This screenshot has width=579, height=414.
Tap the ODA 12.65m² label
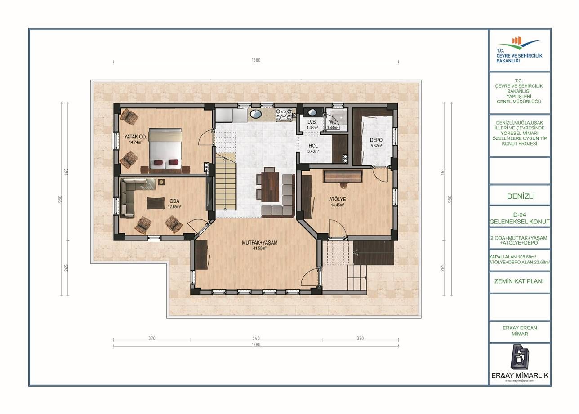click(174, 204)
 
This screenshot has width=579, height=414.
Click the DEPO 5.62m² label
click(376, 142)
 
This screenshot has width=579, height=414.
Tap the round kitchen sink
click(257, 114)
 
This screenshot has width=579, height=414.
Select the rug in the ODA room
click(156, 203)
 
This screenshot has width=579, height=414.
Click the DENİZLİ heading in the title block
click(519, 196)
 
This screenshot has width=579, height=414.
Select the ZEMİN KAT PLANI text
click(519, 281)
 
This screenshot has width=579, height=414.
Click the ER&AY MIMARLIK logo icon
click(519, 357)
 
